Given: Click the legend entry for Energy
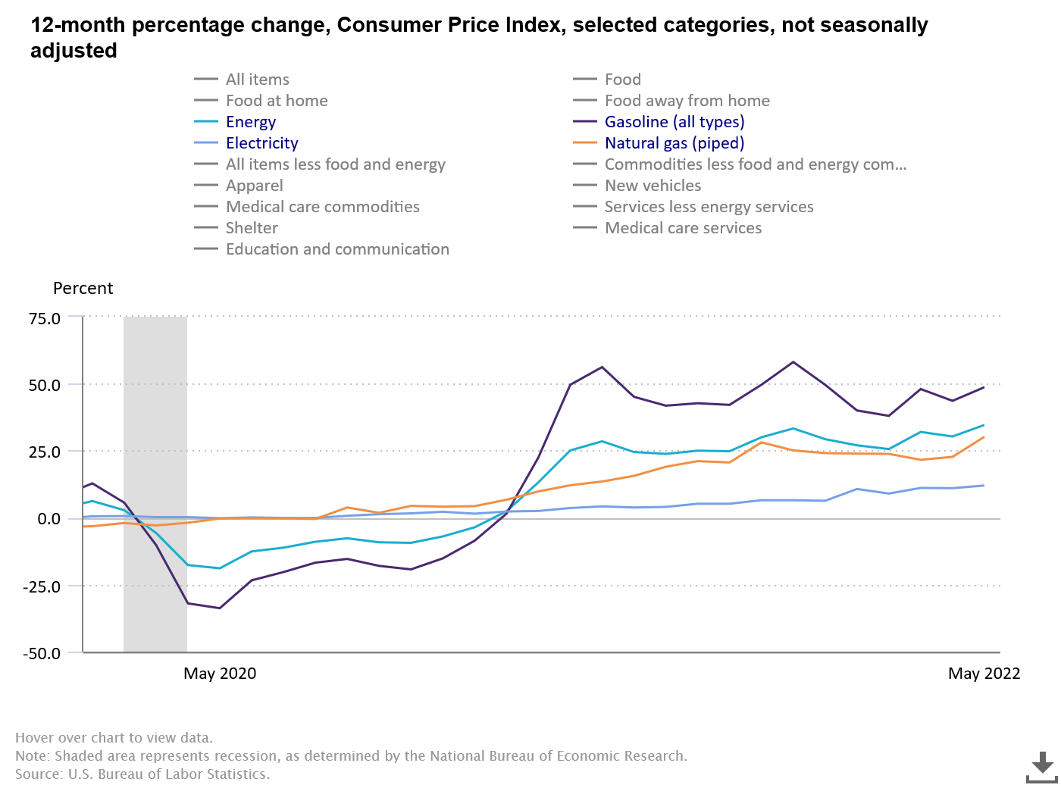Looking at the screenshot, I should [250, 122].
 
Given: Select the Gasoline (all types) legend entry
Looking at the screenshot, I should [674, 122].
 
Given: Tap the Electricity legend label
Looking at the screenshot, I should [261, 143].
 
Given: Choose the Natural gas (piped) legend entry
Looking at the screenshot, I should [674, 143].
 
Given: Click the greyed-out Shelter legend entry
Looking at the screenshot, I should [251, 228].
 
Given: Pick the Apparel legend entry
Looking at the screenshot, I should [254, 186].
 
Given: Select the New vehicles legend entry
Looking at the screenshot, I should [653, 186].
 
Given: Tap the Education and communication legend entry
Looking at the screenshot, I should [336, 249].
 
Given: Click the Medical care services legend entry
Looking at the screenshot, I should [683, 228].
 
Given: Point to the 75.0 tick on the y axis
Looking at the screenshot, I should [45, 318].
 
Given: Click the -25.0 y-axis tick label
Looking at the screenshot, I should [42, 586].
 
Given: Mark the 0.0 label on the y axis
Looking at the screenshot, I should [49, 519].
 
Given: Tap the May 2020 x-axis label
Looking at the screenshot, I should [220, 674].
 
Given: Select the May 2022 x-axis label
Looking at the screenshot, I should [984, 674].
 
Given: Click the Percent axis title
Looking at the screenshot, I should [83, 289].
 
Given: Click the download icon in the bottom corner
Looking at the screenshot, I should [1042, 767].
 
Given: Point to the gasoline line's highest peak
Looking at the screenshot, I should [793, 362].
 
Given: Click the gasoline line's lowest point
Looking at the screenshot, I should [220, 608].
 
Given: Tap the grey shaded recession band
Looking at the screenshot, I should [155, 424].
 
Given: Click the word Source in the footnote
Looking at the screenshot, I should [38, 774].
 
